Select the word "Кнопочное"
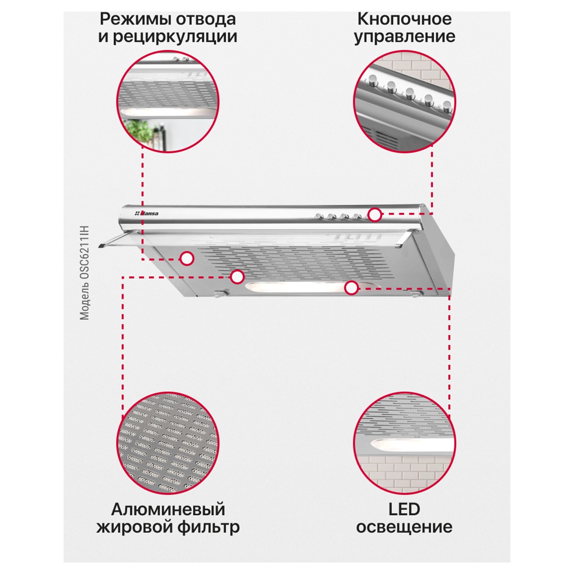(404, 20)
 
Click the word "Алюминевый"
(168, 510)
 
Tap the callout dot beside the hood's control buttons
(375, 215)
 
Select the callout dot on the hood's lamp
(351, 288)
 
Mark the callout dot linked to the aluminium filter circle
(237, 277)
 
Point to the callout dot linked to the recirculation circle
(187, 259)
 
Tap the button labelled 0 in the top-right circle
(373, 80)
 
